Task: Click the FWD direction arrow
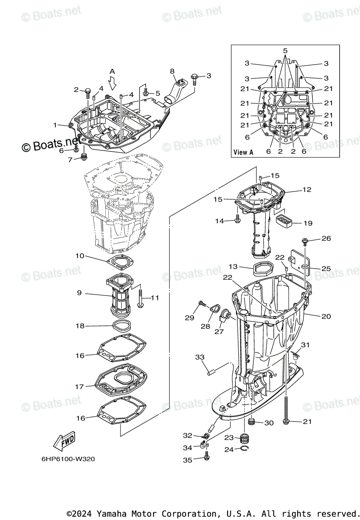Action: [64, 442]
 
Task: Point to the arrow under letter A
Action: [112, 82]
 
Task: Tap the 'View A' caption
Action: [243, 152]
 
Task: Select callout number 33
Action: [199, 357]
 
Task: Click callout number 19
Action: [307, 223]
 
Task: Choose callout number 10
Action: [79, 256]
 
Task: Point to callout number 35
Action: [187, 460]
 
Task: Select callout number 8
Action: [172, 71]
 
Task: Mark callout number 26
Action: [326, 238]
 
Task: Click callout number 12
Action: [307, 189]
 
